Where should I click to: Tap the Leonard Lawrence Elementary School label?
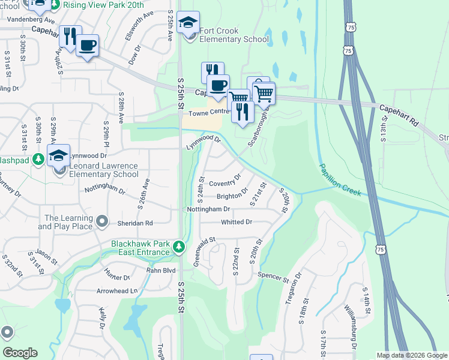pyautogui.click(x=104, y=170)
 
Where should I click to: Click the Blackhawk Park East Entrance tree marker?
pyautogui.click(x=178, y=247)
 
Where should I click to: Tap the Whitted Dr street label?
pyautogui.click(x=237, y=222)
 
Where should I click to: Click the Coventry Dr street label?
pyautogui.click(x=224, y=181)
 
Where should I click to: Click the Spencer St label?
pyautogui.click(x=273, y=278)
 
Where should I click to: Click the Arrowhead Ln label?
pyautogui.click(x=117, y=290)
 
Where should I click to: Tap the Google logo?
pyautogui.click(x=20, y=353)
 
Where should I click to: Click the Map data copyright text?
pyautogui.click(x=411, y=355)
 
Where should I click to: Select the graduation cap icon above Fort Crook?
pyautogui.click(x=189, y=23)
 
